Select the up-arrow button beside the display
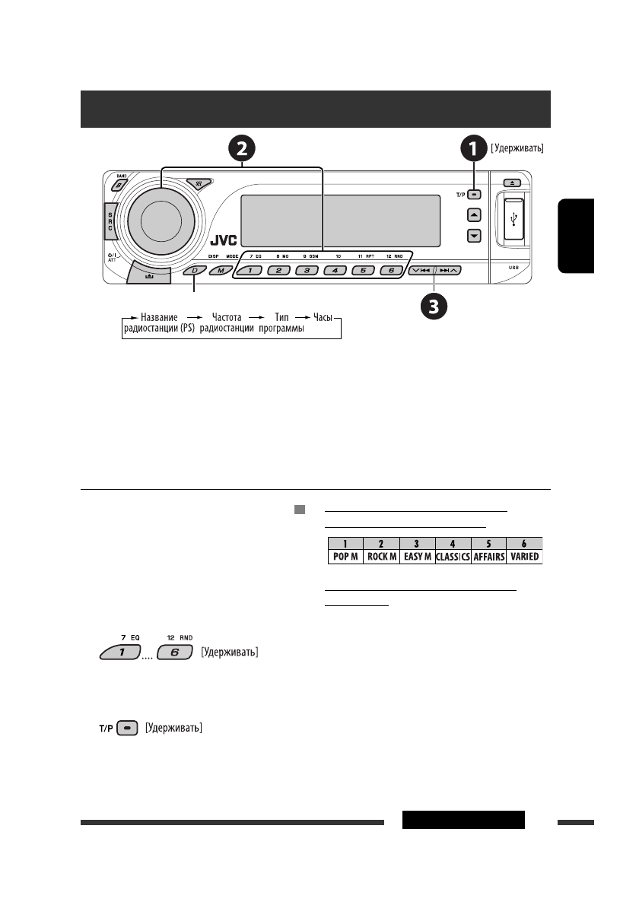pyautogui.click(x=474, y=215)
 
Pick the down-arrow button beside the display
pyautogui.click(x=474, y=236)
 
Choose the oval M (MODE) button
pyautogui.click(x=221, y=271)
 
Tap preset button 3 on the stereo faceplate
pyautogui.click(x=307, y=271)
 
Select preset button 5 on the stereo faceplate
pyautogui.click(x=364, y=271)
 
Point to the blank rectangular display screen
pyautogui.click(x=340, y=220)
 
